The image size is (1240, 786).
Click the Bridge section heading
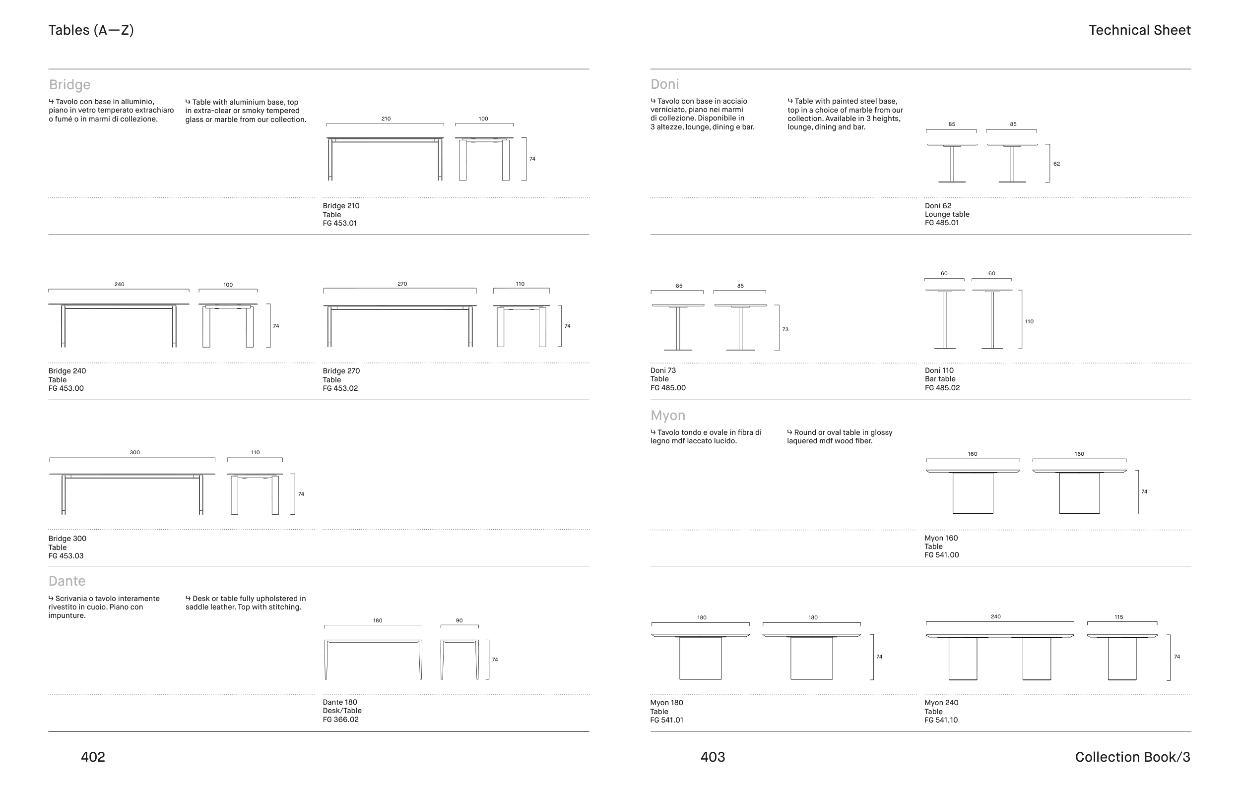coord(69,84)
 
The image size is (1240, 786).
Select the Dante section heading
coord(67,581)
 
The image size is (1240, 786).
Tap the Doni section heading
coord(665,84)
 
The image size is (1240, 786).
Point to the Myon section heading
coord(668,416)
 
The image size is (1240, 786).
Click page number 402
coord(93,757)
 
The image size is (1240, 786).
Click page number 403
coord(713,757)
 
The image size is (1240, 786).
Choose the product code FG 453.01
coord(340,223)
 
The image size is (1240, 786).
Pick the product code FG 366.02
coord(341,720)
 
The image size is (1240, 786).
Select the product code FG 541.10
coord(941,720)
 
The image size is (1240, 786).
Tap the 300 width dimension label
coord(134,452)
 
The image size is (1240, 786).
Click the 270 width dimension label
coord(402,284)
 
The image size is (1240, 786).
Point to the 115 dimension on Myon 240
coord(1119,617)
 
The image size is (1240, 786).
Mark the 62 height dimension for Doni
coord(1057,164)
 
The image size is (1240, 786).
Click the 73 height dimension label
coord(785,329)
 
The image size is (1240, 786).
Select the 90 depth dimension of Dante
coord(459,621)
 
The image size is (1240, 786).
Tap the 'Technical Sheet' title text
coord(1140,30)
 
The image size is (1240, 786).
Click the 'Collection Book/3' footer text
coord(1133,757)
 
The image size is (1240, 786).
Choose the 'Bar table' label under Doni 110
coord(940,379)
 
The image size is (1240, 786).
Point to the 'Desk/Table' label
coord(342,711)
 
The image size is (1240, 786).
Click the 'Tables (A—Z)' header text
coord(91,30)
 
